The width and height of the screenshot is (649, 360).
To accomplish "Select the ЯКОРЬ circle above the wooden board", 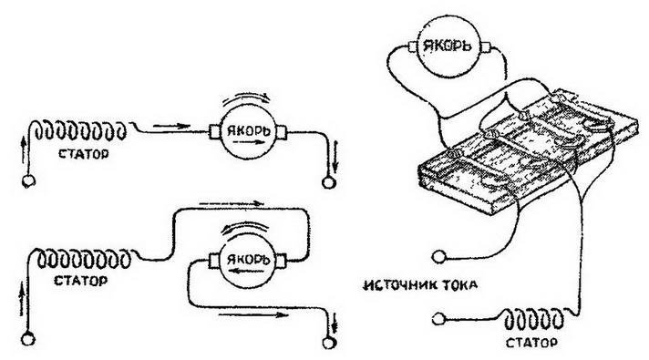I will tap(454, 46).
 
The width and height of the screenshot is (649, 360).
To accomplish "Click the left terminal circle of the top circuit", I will tap(28, 180).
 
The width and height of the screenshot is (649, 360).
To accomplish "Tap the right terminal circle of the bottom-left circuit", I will tap(329, 341).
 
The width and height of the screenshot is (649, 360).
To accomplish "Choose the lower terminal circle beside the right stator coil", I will tap(440, 318).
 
